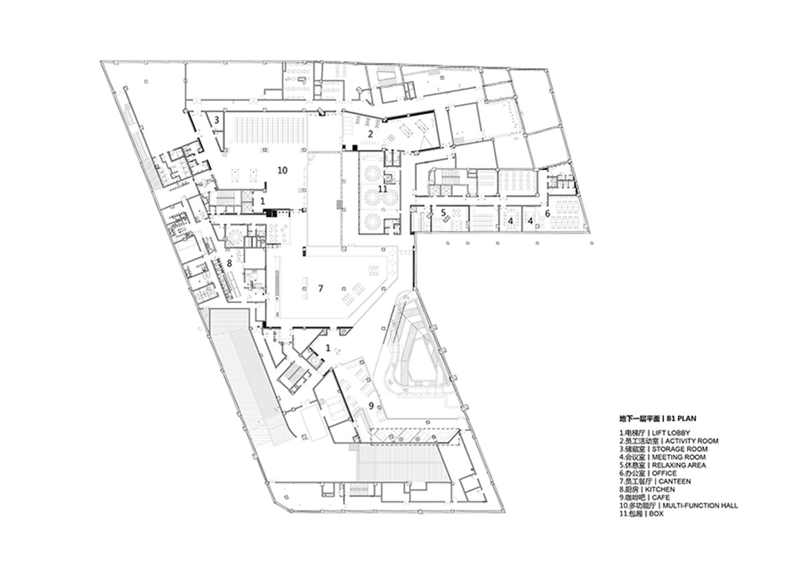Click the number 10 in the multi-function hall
(x=282, y=171)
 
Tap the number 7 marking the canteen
(x=320, y=288)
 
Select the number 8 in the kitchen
(x=229, y=264)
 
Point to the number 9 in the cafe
(x=371, y=406)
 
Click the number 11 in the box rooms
(x=382, y=189)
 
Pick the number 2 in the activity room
(x=370, y=134)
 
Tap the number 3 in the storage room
(x=216, y=119)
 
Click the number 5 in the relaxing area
(x=443, y=213)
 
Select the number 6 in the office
(x=547, y=214)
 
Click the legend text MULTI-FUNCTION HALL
(x=700, y=505)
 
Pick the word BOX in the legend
(x=656, y=514)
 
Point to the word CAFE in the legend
(x=661, y=497)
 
